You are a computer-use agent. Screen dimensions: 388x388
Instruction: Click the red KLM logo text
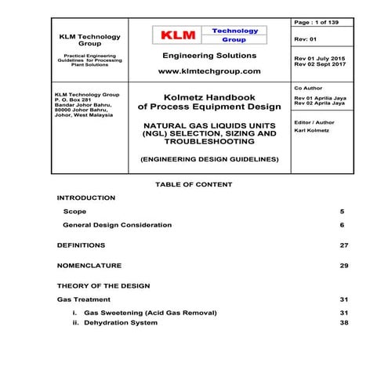click(177, 35)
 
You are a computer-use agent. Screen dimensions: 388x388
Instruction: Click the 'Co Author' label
click(307, 90)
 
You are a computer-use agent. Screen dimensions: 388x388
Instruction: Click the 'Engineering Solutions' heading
click(209, 56)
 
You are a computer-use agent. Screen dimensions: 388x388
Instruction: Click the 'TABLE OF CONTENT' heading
click(194, 184)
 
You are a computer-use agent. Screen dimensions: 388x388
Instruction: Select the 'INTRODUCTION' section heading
click(86, 198)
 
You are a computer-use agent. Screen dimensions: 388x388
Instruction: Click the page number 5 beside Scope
click(342, 212)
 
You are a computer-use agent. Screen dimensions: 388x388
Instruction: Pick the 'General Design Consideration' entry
click(117, 225)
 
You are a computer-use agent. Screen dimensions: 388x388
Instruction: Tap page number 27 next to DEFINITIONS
click(343, 245)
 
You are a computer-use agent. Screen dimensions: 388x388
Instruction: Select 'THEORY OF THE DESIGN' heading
click(103, 286)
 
